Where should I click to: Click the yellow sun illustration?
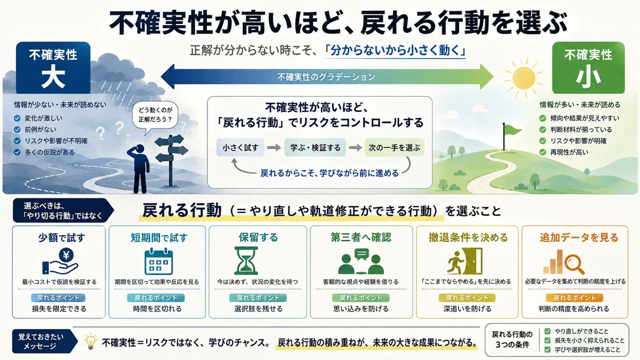(x=523, y=78)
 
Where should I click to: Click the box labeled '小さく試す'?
(x=241, y=147)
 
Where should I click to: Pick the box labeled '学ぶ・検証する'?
(x=315, y=147)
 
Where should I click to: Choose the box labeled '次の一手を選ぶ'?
(x=394, y=147)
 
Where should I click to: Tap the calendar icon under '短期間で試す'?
(x=158, y=261)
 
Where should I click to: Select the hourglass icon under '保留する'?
(x=246, y=261)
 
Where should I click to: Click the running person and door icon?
(x=465, y=261)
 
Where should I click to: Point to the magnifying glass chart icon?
(x=563, y=262)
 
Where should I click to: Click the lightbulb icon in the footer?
(x=90, y=341)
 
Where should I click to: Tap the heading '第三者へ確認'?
(x=361, y=237)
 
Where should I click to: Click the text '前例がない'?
(x=41, y=130)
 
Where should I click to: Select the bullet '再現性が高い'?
(x=569, y=153)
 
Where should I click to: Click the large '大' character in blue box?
(x=53, y=77)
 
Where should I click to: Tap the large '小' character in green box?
(x=588, y=78)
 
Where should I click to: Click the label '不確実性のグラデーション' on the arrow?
(x=326, y=77)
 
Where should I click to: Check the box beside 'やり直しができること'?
(x=547, y=331)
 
